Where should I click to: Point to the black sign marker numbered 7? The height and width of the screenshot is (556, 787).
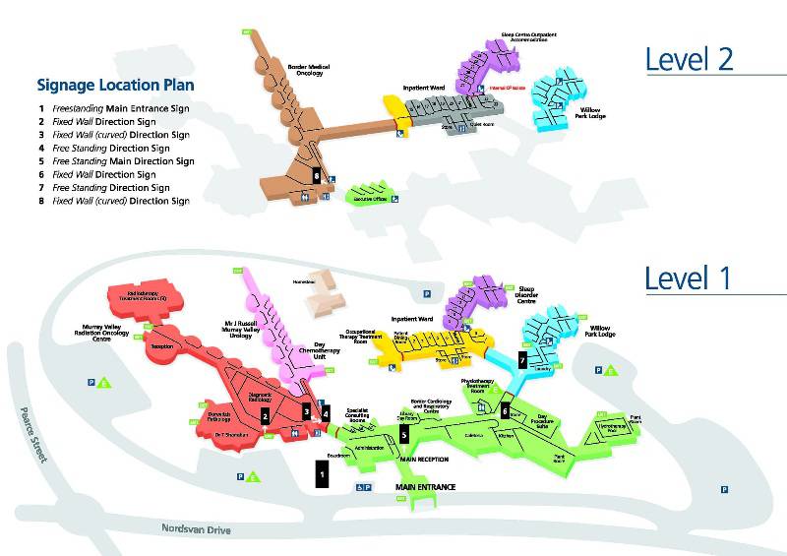[522, 360]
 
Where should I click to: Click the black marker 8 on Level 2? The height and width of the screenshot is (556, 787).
[316, 173]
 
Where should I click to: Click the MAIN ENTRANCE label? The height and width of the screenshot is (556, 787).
[427, 487]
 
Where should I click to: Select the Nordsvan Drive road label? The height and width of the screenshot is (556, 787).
[196, 528]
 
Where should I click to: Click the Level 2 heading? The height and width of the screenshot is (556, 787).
[689, 59]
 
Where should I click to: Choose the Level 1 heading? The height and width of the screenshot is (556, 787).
[689, 278]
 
